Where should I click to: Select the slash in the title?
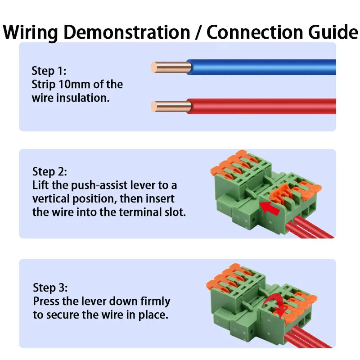[198, 32]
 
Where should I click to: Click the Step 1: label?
[49, 71]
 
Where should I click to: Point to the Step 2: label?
[49, 171]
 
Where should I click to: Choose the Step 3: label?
[50, 288]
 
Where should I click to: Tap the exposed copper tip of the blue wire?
[155, 68]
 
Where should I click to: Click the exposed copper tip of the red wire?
[155, 107]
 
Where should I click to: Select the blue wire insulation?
[261, 68]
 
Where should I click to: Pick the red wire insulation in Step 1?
[261, 107]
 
